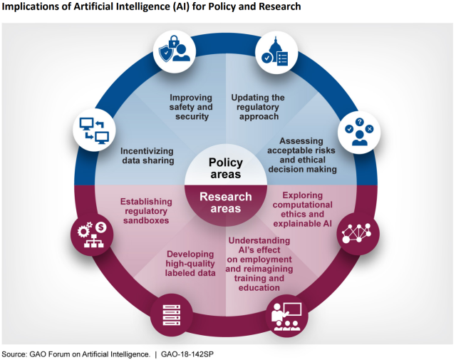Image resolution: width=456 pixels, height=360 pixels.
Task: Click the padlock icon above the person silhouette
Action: tap(174, 41)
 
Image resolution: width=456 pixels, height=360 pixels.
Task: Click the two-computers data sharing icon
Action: tap(94, 130)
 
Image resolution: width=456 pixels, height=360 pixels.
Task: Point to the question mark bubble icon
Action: tap(359, 122)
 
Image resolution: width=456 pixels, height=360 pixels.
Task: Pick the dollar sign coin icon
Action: tap(101, 227)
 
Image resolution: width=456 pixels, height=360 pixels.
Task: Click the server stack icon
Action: tap(172, 315)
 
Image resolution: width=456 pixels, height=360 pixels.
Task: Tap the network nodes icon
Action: tap(357, 233)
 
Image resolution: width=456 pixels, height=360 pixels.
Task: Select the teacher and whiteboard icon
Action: tap(286, 317)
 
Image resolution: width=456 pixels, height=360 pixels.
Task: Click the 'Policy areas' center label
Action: tap(226, 168)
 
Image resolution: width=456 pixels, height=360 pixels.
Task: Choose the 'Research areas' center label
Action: tap(226, 202)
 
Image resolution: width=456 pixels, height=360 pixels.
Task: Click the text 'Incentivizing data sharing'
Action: tap(147, 155)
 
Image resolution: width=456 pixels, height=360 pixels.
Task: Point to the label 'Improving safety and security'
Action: tap(191, 107)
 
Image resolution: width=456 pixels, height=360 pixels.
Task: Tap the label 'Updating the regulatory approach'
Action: tap(258, 107)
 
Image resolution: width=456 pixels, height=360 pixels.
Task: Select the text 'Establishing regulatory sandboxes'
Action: tap(146, 211)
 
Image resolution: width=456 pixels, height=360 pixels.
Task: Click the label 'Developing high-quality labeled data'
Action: tap(190, 263)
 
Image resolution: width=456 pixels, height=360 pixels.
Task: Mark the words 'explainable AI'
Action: tap(302, 224)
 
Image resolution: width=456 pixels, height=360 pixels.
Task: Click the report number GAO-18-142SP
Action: tap(187, 354)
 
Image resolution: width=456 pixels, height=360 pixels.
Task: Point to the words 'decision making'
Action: tap(302, 169)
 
